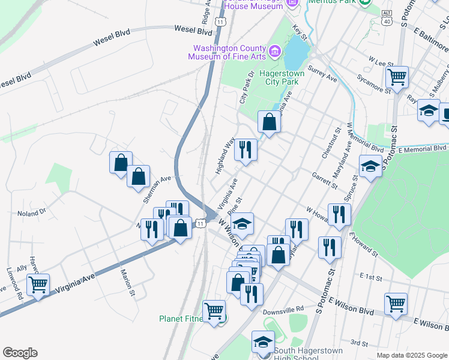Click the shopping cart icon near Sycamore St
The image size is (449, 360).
[397, 77]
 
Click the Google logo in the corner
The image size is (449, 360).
[20, 353]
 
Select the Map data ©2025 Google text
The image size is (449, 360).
[412, 355]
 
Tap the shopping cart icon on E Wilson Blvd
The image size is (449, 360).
[396, 304]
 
